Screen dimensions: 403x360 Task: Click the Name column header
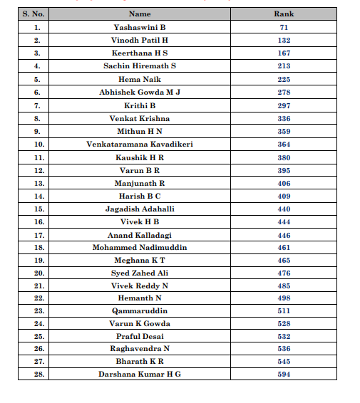pyautogui.click(x=140, y=14)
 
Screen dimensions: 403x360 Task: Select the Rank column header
pyautogui.click(x=284, y=14)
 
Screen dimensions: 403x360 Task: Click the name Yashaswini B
pyautogui.click(x=140, y=27)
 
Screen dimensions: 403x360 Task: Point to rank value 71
pyautogui.click(x=284, y=27)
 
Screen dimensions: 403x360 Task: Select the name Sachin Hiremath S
pyautogui.click(x=140, y=66)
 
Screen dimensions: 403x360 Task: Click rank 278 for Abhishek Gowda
pyautogui.click(x=284, y=92)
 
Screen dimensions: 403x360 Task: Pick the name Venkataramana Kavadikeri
pyautogui.click(x=140, y=144)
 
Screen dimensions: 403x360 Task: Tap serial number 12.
pyautogui.click(x=37, y=170)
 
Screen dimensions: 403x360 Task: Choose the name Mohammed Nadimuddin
pyautogui.click(x=140, y=248)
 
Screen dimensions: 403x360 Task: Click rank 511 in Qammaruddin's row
pyautogui.click(x=284, y=310)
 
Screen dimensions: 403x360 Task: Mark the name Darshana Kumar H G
pyautogui.click(x=140, y=374)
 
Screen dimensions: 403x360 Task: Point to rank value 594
pyautogui.click(x=284, y=374)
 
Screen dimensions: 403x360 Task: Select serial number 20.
pyautogui.click(x=37, y=273)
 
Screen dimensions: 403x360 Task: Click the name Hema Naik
pyautogui.click(x=140, y=79)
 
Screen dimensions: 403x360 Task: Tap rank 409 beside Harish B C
pyautogui.click(x=284, y=196)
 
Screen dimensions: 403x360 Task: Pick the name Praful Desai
pyautogui.click(x=140, y=335)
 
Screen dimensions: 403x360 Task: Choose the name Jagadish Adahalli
pyautogui.click(x=140, y=209)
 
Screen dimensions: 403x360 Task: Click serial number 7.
pyautogui.click(x=37, y=105)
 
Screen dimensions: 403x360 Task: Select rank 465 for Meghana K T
pyautogui.click(x=284, y=261)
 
